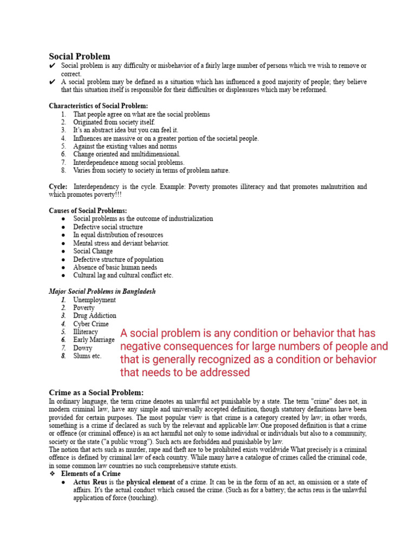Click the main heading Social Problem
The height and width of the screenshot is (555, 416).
coord(80,56)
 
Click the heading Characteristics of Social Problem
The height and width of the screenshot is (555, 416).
coord(98,106)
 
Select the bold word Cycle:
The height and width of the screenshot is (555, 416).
coord(58,186)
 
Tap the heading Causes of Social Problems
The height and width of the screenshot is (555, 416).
coord(88,210)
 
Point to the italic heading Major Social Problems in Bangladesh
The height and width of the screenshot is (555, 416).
coord(102,291)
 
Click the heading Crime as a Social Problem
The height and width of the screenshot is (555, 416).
coord(96,392)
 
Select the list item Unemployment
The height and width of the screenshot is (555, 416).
coord(95,300)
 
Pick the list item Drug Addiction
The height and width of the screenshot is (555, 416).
coord(95,315)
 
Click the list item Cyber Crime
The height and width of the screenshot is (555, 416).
coord(92,324)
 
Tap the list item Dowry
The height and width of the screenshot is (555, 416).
coord(83,348)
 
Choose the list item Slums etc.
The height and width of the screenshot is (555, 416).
coord(87,356)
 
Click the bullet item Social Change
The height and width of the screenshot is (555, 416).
coord(93,251)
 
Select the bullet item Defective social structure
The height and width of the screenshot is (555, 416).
coord(108,227)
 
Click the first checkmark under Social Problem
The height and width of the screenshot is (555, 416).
coord(52,66)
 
